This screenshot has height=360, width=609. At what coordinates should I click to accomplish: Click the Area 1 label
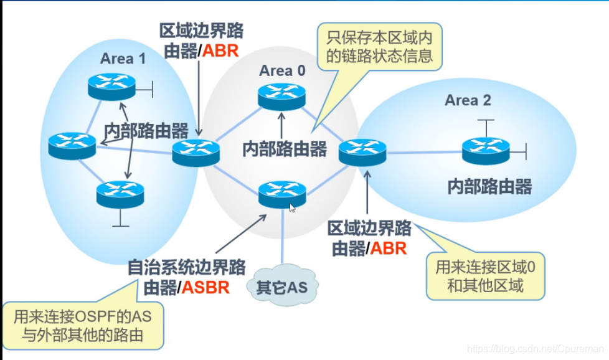123,59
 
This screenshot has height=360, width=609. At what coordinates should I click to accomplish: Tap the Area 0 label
282,71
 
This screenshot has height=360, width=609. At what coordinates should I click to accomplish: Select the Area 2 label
468,100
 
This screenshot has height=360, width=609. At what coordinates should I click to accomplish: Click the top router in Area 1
111,86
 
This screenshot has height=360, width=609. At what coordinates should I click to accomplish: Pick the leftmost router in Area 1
72,145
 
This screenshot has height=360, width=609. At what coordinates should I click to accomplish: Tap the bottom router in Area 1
120,194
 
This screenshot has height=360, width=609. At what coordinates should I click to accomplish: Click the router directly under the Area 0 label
282,95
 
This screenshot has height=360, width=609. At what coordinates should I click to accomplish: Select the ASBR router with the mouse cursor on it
282,194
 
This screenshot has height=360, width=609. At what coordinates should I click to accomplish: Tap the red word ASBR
206,287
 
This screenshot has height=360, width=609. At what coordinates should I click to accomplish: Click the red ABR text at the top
221,50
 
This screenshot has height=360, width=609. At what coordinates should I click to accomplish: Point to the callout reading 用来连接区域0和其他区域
485,276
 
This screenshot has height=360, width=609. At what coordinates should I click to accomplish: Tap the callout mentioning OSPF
83,326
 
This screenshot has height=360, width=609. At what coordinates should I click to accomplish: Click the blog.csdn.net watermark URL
535,349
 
